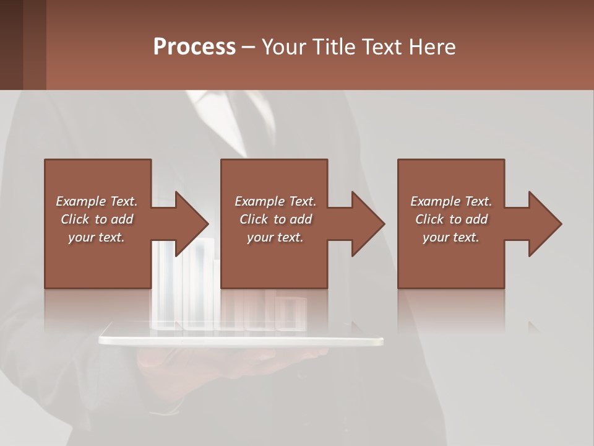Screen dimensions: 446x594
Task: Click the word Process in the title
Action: (x=194, y=47)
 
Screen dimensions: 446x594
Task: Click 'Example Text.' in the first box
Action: (x=97, y=201)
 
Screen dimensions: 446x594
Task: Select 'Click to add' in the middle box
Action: (x=275, y=219)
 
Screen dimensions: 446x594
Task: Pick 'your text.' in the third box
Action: (x=451, y=237)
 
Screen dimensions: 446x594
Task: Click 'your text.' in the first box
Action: (x=97, y=237)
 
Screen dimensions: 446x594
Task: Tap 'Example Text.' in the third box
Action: (x=451, y=201)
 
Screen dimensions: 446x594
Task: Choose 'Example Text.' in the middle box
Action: (x=275, y=201)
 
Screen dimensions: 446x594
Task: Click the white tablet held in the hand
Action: (x=241, y=341)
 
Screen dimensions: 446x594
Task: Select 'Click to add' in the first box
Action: (x=97, y=219)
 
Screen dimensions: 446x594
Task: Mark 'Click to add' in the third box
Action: (x=451, y=219)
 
